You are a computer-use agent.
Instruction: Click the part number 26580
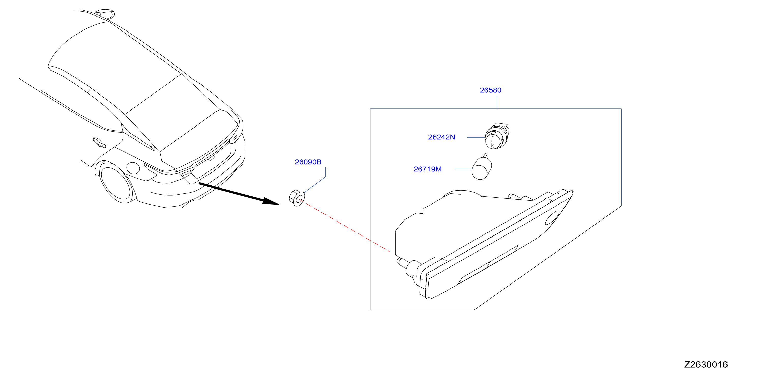[x=491, y=90]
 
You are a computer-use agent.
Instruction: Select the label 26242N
[x=441, y=137]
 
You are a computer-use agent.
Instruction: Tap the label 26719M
[x=427, y=169]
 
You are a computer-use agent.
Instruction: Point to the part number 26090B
[x=308, y=162]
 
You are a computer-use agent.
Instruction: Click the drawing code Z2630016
[x=706, y=364]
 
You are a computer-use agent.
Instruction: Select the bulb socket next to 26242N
[x=497, y=136]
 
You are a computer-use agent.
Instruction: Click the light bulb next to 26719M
[x=482, y=167]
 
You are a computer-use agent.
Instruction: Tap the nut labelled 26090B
[x=297, y=198]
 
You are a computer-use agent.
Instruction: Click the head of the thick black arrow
[x=270, y=201]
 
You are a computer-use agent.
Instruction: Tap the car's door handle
[x=99, y=143]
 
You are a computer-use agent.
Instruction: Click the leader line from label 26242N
[x=476, y=137]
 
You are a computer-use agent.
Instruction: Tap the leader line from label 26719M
[x=463, y=169]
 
